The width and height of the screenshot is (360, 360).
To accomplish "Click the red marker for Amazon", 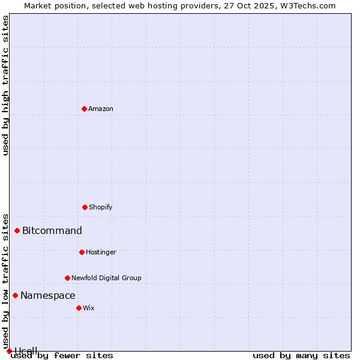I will click(x=84, y=109).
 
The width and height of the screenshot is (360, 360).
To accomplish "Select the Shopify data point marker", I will click(x=85, y=207).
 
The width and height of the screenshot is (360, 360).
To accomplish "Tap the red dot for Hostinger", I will click(x=82, y=252).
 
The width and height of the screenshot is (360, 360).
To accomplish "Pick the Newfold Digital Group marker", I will click(x=67, y=278).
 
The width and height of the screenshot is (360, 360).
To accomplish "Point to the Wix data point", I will click(x=79, y=308).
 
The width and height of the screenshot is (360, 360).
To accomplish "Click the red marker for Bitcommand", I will click(x=17, y=230).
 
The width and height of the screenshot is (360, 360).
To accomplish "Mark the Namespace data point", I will click(x=15, y=295).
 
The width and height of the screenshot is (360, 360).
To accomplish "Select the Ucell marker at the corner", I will click(x=9, y=351).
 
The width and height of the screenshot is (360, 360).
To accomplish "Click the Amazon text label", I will click(x=101, y=109).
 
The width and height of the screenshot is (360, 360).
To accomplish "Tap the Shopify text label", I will click(x=101, y=207).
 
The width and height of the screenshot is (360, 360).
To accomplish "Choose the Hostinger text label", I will click(x=101, y=252).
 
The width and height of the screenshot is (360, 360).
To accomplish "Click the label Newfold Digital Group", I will click(x=106, y=278).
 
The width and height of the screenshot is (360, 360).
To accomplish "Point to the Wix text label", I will click(x=89, y=308).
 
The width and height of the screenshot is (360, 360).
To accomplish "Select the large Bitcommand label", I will click(x=52, y=230).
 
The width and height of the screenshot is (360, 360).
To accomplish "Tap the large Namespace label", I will click(x=48, y=295).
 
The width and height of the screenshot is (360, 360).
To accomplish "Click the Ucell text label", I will click(x=26, y=350).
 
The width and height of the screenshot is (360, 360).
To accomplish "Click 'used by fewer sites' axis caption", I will click(x=62, y=355).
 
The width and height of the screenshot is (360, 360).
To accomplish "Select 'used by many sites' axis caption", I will click(x=301, y=355).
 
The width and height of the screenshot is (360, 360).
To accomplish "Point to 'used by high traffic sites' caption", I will click(x=5, y=85).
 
